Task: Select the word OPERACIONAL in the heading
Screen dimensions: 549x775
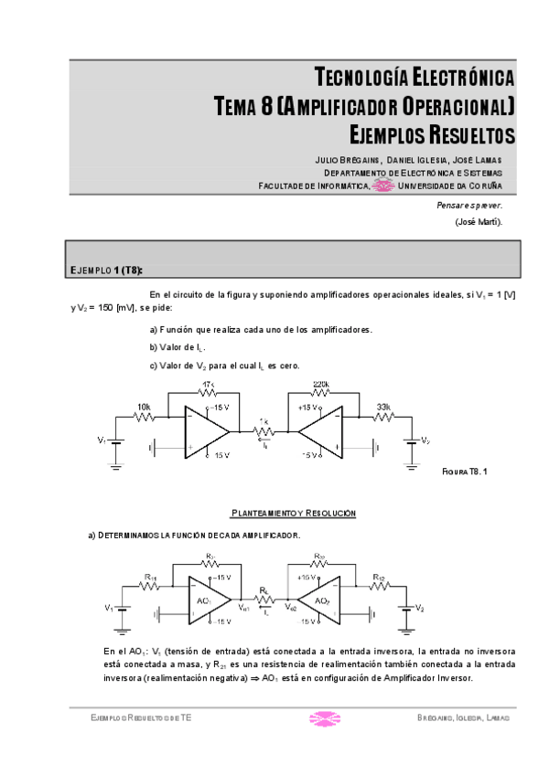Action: (447, 107)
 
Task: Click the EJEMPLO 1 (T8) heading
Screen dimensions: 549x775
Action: (106, 271)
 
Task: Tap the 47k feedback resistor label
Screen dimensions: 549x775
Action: (208, 385)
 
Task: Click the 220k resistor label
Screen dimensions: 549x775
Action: (320, 385)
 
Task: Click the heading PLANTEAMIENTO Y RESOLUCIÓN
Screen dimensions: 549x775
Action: (293, 514)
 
